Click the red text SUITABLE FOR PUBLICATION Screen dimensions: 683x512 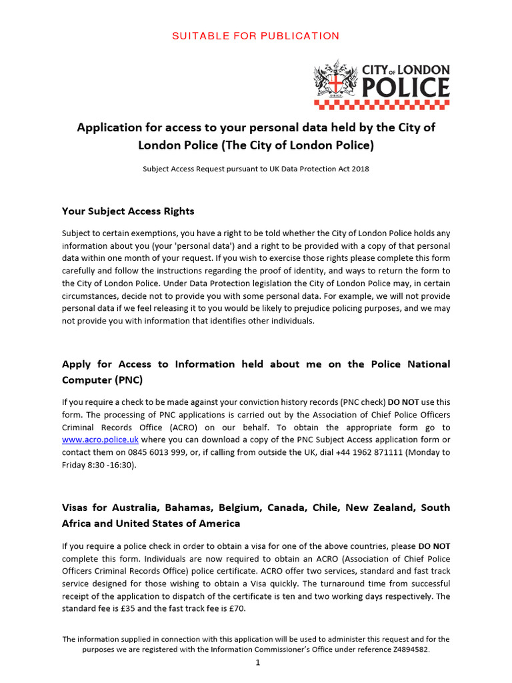[256, 36]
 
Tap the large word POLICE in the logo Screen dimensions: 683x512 [405, 87]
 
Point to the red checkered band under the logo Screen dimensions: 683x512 [381, 104]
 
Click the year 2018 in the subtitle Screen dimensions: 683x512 [358, 169]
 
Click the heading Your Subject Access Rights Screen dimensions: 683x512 [128, 211]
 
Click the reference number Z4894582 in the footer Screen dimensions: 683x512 [407, 649]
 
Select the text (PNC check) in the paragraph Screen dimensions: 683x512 [365, 402]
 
